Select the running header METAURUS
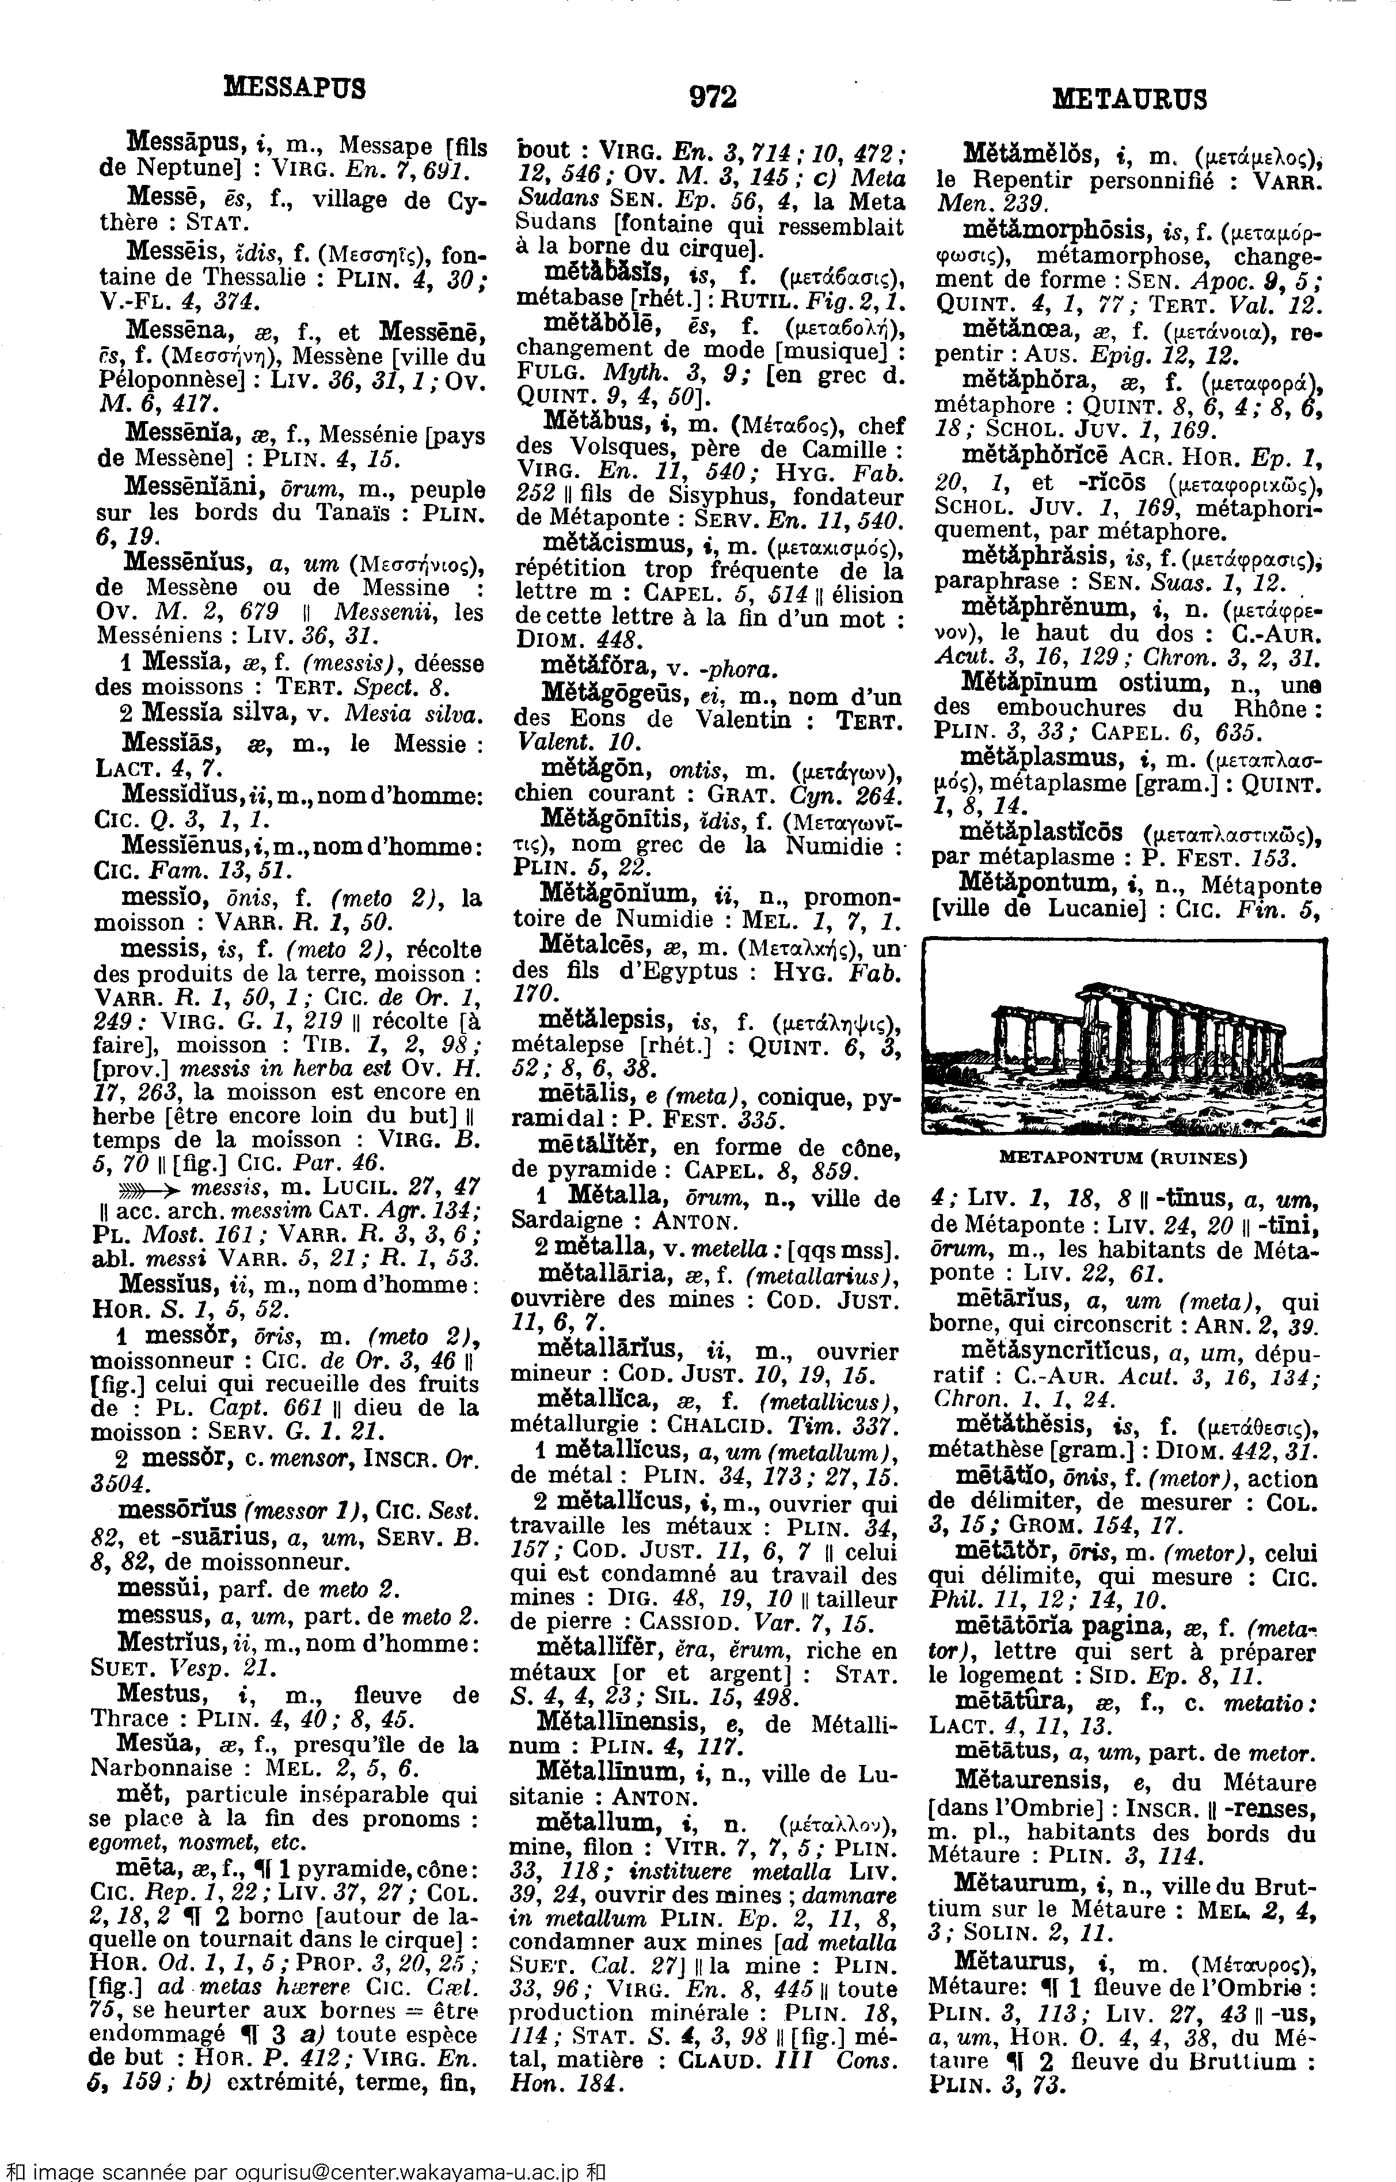[1129, 98]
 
